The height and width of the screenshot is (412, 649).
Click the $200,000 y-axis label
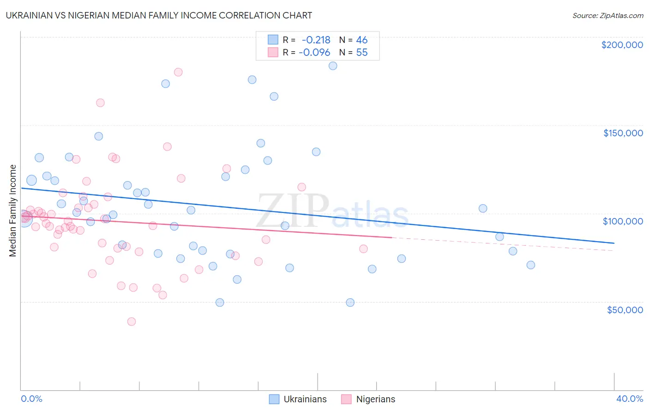[622, 45]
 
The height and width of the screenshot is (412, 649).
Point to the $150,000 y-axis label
[623, 133]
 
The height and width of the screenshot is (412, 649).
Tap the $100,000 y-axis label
[623, 221]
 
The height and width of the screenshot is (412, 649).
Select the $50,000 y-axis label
[625, 309]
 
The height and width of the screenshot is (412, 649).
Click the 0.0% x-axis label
[31, 399]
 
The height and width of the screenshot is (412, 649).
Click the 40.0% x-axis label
[629, 399]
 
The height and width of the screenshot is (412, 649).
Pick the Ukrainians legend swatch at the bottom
[274, 399]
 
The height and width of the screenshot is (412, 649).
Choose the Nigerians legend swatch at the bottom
[347, 399]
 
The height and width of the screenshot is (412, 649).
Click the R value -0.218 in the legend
[316, 40]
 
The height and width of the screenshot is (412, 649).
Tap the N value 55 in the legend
[362, 53]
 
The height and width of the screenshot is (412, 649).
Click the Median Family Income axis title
[13, 211]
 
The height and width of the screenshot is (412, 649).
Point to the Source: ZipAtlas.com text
[607, 16]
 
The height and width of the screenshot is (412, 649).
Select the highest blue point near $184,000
[333, 66]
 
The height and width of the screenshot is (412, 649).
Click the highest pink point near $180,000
[178, 72]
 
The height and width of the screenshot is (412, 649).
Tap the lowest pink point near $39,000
[132, 321]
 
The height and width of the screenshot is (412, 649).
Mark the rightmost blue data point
[531, 265]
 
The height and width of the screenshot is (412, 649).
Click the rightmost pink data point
[363, 249]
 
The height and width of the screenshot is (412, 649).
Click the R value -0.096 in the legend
[314, 53]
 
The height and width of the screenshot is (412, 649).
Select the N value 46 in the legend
[362, 40]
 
